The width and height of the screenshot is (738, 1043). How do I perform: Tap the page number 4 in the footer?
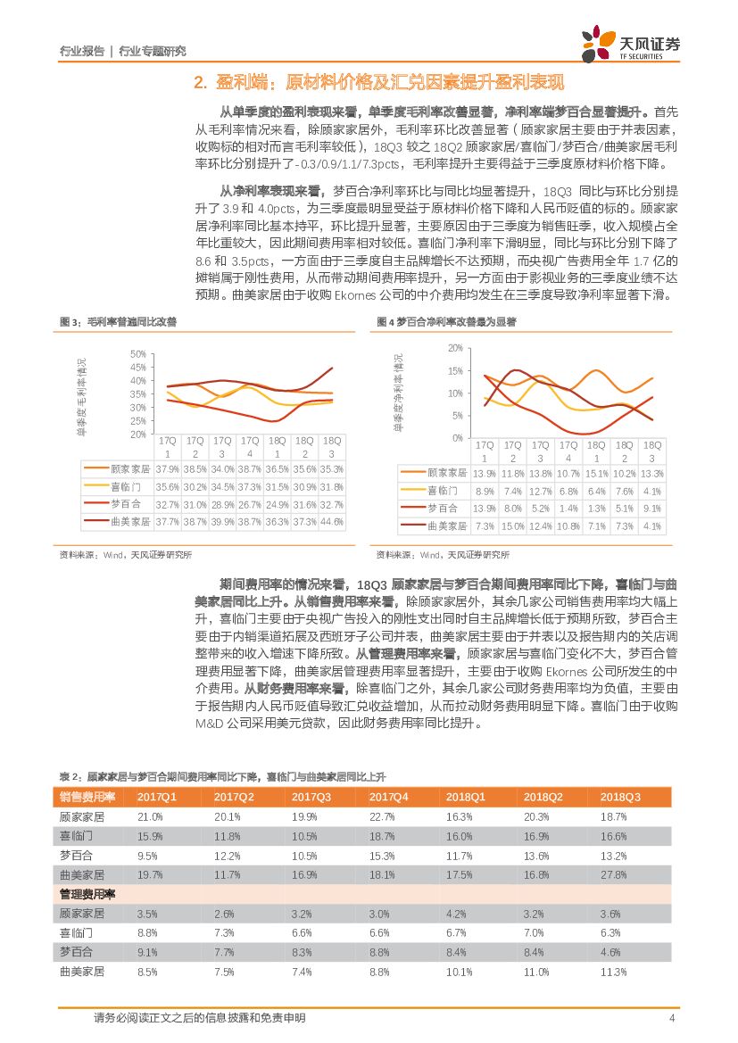click(x=671, y=1018)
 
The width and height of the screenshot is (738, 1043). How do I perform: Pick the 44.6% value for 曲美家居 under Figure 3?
click(x=332, y=522)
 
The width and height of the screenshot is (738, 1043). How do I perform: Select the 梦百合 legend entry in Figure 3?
click(x=120, y=504)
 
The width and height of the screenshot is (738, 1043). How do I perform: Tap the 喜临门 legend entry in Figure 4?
click(x=442, y=491)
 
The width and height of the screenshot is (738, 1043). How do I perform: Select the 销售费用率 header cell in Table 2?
click(x=87, y=797)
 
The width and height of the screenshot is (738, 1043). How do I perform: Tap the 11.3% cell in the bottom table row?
click(x=614, y=971)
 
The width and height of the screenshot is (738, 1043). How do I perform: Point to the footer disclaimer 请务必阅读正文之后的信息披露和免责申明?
click(x=199, y=1018)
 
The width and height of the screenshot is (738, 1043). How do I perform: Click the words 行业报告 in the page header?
click(x=80, y=51)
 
